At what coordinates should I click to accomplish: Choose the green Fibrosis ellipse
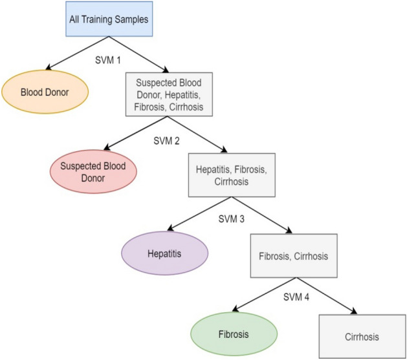234,335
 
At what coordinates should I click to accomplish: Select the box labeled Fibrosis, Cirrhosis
294,255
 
